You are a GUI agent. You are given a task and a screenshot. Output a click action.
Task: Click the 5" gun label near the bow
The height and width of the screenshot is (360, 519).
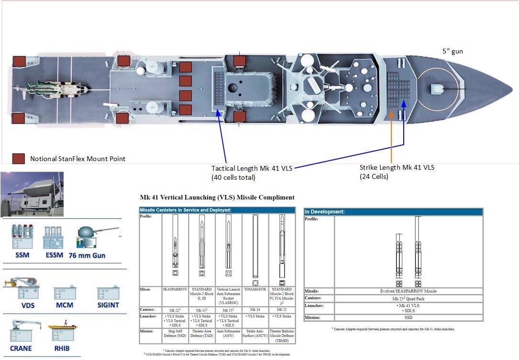point(452,51)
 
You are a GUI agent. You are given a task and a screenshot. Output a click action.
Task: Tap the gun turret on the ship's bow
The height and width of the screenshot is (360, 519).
point(438,88)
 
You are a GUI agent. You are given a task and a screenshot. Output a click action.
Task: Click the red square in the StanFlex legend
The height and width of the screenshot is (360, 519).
point(19,159)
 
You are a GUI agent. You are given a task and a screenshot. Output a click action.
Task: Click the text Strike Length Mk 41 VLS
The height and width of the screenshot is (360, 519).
point(397,167)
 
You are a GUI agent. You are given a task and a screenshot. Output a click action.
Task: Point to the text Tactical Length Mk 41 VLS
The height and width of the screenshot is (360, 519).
point(252,168)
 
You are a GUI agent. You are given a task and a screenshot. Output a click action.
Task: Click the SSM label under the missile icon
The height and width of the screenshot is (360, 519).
point(22,255)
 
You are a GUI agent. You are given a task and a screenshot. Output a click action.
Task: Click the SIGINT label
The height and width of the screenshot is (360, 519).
point(108,305)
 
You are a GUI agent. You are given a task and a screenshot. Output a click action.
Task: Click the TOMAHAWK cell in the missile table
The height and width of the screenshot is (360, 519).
point(255,289)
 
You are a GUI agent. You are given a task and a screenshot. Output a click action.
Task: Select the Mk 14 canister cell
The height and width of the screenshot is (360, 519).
point(255,310)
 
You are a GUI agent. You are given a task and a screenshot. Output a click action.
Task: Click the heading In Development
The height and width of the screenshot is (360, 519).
point(325,211)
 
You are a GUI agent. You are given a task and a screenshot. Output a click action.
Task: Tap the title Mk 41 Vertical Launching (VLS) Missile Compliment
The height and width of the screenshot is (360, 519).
point(217,197)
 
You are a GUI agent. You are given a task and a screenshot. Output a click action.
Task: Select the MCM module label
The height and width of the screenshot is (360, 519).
point(64,305)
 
